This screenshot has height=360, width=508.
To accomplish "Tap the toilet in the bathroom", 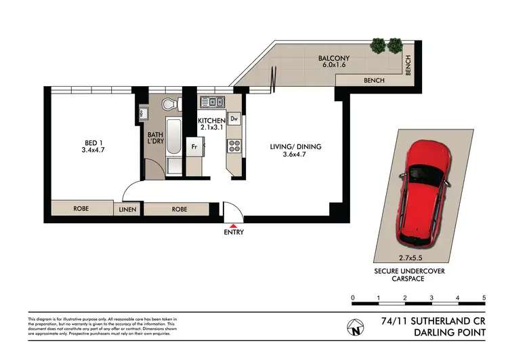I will pos(169,104).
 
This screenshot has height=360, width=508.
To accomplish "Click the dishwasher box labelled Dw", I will pos(234,119).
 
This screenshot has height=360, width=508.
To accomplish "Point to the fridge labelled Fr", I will pos(194,146).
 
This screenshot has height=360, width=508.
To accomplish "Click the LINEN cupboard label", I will pos(128,209).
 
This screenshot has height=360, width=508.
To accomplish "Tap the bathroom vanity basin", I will pos(144,113).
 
